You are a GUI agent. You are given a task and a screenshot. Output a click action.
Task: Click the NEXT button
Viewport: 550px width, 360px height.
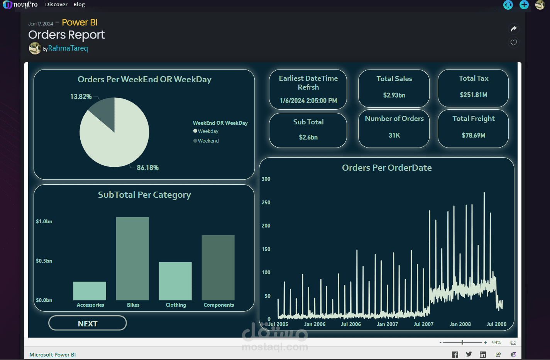88,323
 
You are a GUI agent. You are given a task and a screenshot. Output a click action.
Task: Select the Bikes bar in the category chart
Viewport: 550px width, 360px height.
132,258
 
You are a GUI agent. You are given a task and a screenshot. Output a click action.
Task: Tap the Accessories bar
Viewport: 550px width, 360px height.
90,291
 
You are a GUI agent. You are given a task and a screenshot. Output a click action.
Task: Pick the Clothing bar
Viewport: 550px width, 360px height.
175,281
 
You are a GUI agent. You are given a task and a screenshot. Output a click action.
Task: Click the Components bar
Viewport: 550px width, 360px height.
218,268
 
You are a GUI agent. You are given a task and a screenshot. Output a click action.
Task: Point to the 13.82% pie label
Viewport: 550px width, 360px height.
81,97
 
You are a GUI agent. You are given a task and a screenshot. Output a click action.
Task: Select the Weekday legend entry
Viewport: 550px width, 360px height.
208,131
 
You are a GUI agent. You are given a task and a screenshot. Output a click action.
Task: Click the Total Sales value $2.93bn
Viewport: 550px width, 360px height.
394,95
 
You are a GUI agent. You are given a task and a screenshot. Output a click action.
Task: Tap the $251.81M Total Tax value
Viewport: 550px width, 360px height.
473,95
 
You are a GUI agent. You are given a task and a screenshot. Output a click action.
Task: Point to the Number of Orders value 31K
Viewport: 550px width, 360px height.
394,135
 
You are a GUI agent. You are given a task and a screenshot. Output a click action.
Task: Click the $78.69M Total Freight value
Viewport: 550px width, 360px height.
473,135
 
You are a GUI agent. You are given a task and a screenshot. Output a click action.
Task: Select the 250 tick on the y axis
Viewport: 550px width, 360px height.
266,202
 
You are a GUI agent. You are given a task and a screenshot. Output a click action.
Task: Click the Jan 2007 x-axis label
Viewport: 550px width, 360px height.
387,324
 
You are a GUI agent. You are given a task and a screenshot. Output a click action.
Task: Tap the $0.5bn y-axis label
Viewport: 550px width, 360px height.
44,261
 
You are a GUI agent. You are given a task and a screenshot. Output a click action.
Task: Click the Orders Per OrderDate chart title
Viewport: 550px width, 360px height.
387,168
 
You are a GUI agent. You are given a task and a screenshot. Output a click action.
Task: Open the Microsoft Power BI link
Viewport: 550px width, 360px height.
52,355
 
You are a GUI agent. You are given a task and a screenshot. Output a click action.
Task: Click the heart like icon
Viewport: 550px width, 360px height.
513,42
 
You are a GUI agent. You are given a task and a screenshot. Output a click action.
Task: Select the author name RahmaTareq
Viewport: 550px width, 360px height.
68,48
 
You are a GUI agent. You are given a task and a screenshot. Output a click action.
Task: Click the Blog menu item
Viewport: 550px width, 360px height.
79,4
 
